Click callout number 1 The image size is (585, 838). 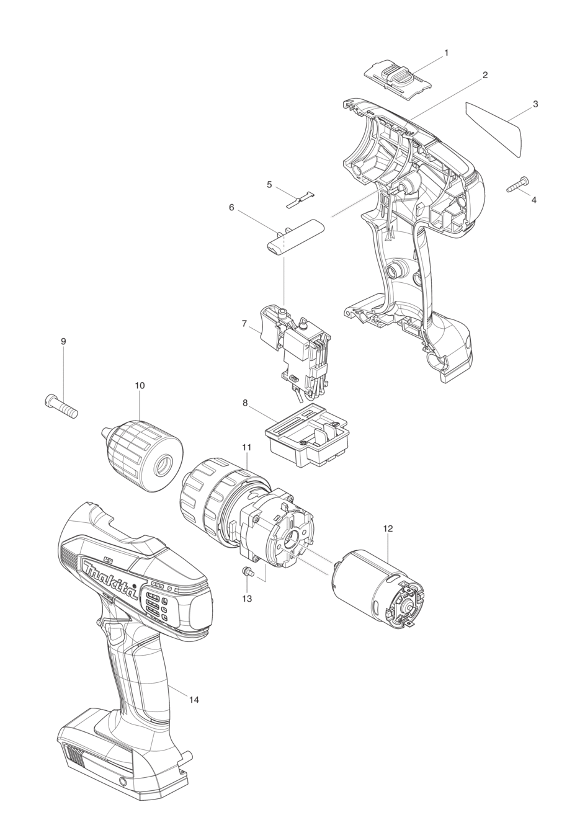click(x=446, y=53)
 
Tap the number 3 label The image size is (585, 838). click(x=535, y=104)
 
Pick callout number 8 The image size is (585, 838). click(x=246, y=403)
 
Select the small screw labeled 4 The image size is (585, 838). click(x=518, y=185)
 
